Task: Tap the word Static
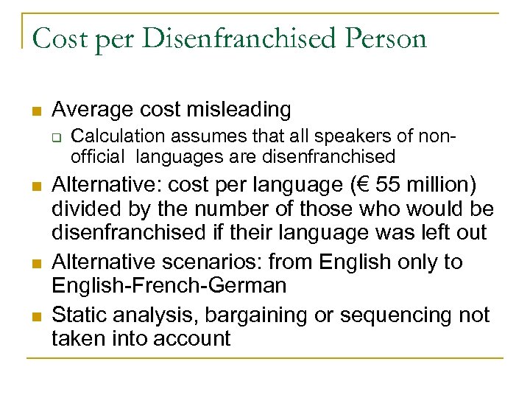click(x=78, y=315)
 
